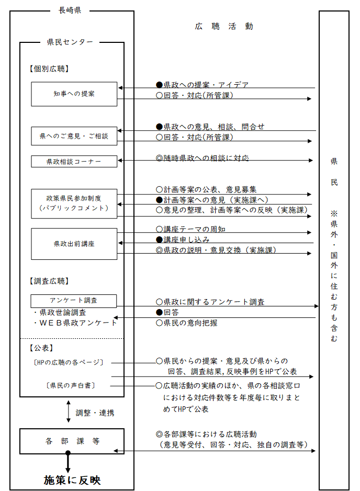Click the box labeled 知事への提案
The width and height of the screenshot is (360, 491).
click(x=74, y=94)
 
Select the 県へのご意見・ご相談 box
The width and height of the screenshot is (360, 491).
click(x=74, y=136)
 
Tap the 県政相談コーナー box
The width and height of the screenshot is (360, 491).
click(x=74, y=162)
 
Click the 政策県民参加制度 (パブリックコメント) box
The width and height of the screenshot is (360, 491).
click(x=74, y=203)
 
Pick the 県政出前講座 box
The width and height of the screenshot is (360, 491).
click(x=74, y=244)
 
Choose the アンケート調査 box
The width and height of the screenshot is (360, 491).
click(x=74, y=301)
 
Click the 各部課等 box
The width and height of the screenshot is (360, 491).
click(x=72, y=441)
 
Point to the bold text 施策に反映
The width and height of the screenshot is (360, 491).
click(x=72, y=479)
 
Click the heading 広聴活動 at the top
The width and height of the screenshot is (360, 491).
click(x=224, y=26)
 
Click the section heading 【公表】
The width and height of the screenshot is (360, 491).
click(x=41, y=347)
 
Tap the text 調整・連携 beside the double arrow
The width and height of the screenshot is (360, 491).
click(x=95, y=413)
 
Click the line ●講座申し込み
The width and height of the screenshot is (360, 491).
click(x=183, y=239)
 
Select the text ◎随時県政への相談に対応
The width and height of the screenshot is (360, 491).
click(x=202, y=158)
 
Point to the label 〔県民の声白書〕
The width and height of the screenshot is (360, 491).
click(x=72, y=385)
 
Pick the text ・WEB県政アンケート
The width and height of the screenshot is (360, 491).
click(x=75, y=323)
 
